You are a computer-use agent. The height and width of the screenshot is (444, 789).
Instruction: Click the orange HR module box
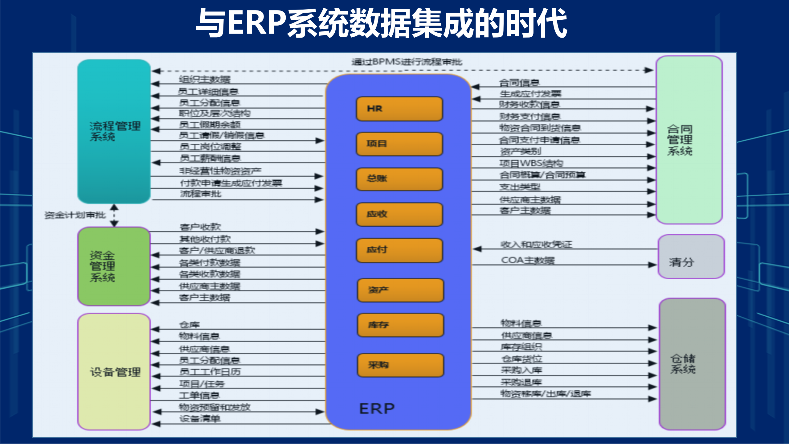(399, 109)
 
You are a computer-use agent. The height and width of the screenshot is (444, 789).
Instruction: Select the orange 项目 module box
(399, 144)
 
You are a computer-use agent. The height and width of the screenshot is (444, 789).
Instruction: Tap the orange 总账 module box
(399, 179)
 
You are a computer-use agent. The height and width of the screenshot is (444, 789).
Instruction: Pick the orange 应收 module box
(399, 214)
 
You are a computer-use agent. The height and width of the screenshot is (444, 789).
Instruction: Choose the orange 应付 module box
(399, 250)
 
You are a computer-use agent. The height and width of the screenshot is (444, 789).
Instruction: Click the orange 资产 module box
(400, 290)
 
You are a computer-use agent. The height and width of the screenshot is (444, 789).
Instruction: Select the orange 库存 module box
(400, 325)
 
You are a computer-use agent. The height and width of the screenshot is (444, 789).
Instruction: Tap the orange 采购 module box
(400, 365)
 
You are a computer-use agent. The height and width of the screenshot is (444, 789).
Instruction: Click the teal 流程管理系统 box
(114, 131)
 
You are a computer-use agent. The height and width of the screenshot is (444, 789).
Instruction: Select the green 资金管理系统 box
(114, 266)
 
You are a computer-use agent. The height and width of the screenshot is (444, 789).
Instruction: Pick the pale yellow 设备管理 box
(114, 372)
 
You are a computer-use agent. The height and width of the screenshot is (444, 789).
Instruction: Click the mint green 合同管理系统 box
(689, 140)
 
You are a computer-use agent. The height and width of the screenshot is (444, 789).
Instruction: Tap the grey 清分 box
(691, 257)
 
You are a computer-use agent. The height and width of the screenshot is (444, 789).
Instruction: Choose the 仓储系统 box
(692, 364)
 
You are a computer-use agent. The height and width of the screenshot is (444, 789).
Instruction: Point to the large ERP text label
(377, 409)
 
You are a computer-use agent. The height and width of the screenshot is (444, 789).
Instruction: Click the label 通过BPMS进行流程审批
(407, 62)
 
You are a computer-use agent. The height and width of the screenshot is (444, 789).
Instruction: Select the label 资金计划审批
(75, 215)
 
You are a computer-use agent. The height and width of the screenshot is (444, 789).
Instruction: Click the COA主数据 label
(528, 260)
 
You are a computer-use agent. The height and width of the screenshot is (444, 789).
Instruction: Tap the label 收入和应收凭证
(536, 245)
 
